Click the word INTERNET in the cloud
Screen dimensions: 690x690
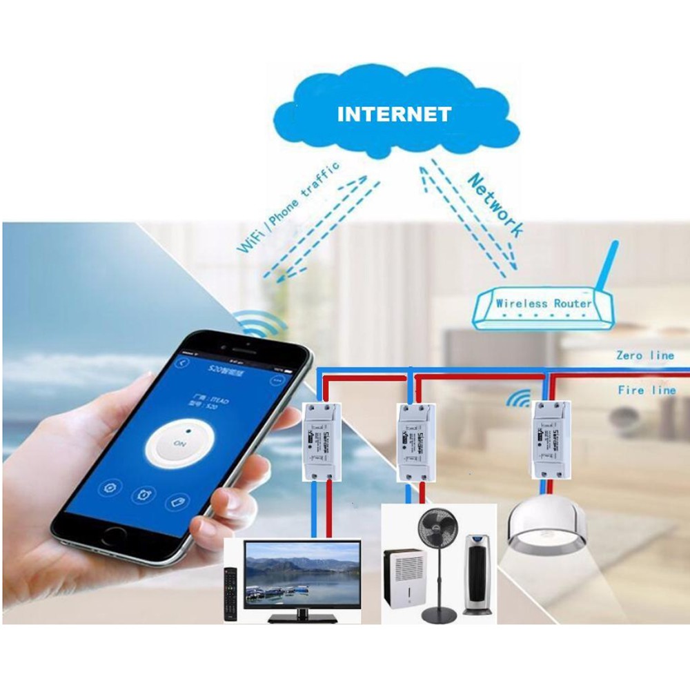click(x=394, y=114)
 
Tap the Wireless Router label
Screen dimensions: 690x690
click(x=544, y=303)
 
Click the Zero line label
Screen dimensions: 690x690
click(x=646, y=356)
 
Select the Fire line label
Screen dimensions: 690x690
click(x=647, y=391)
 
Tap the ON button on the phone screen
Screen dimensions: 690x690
click(x=179, y=445)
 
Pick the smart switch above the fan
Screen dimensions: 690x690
click(x=415, y=442)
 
